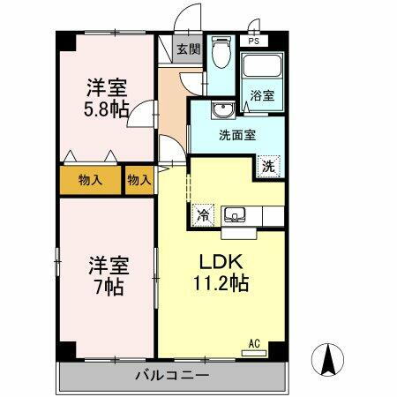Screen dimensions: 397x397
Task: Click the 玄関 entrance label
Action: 186,49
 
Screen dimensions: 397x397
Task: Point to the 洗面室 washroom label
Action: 237,135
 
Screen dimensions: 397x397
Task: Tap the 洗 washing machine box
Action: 267,164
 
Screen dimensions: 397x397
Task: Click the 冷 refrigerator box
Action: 203,213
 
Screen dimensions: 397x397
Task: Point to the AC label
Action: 253,343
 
